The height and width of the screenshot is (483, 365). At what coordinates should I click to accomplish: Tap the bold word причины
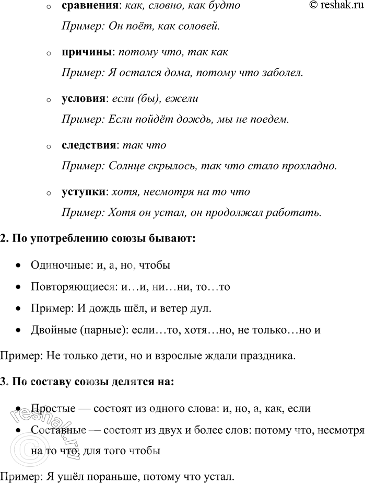tap(86, 53)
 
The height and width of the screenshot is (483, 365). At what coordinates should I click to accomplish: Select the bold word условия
tap(84, 99)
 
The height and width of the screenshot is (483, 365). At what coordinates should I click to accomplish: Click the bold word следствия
tap(88, 145)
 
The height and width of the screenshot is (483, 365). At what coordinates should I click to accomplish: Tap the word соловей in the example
tap(199, 26)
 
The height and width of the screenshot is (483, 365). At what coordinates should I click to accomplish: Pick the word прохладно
tap(309, 165)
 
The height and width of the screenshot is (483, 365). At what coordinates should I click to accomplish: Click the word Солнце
tap(126, 165)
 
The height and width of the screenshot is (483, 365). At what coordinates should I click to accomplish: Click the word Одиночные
tap(59, 266)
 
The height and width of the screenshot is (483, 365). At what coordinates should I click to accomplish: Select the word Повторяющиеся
tap(74, 287)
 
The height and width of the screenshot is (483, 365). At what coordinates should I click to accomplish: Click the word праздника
tap(272, 356)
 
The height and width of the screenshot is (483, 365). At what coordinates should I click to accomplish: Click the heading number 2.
tap(4, 239)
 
